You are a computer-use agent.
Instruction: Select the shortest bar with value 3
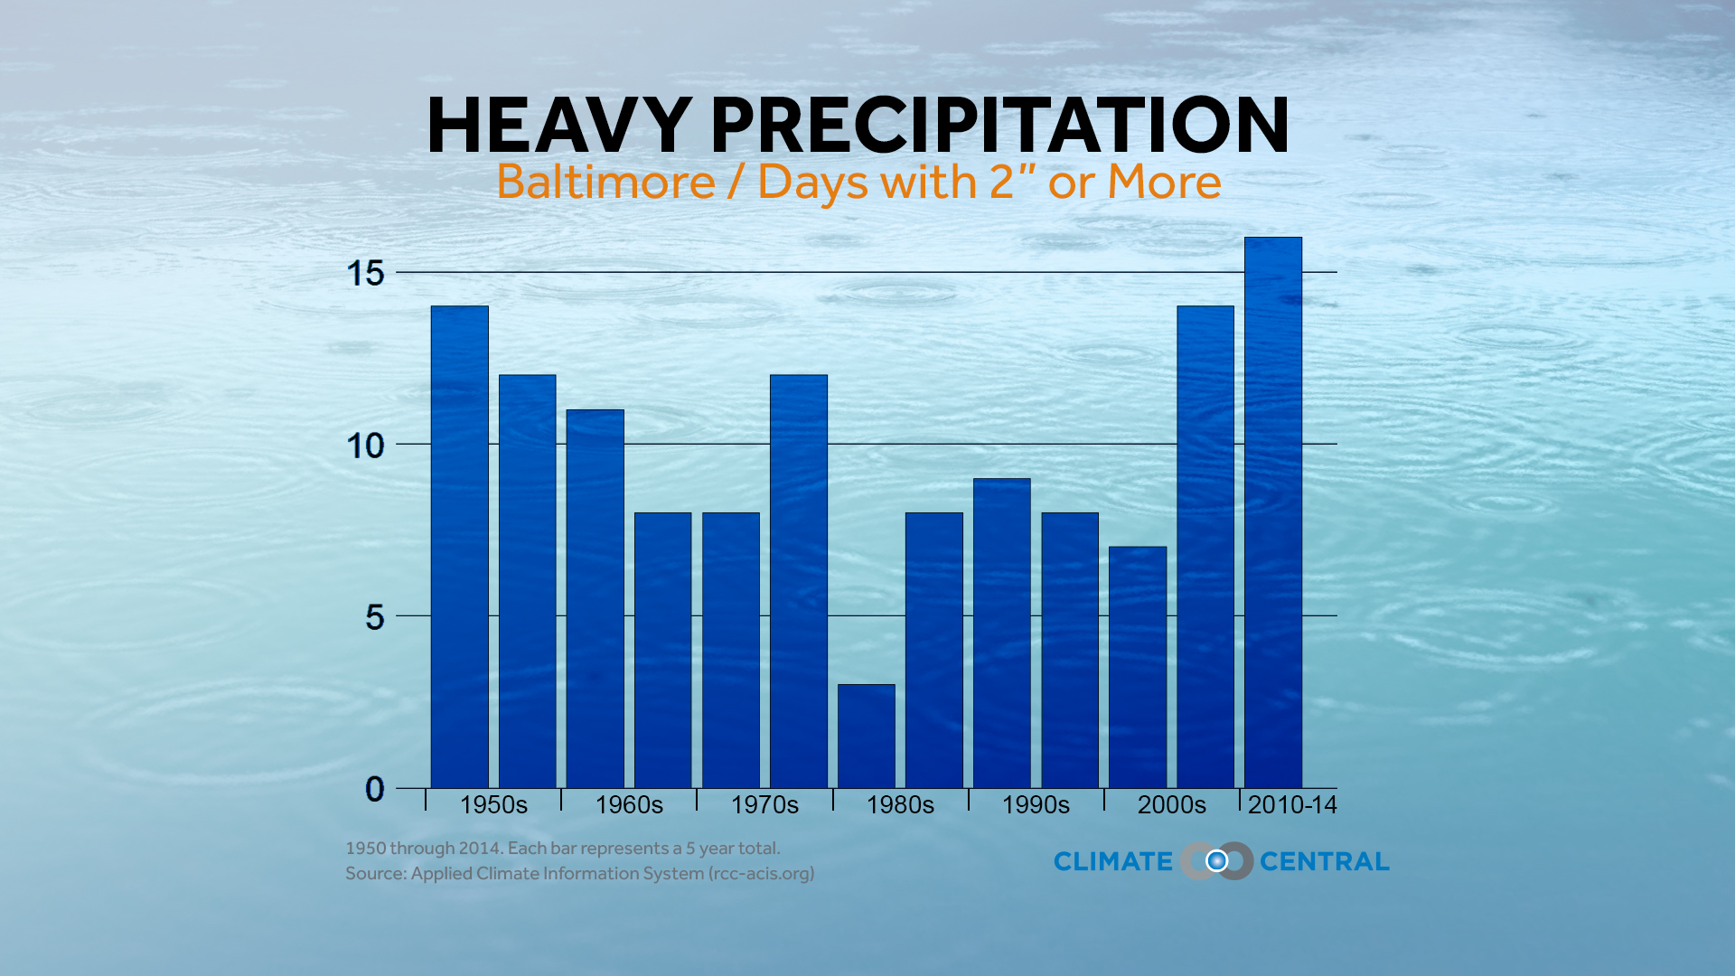point(866,736)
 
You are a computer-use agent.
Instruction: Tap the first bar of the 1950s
point(459,547)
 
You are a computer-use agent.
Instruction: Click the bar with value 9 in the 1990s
point(1001,633)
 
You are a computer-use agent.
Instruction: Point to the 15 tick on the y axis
point(366,273)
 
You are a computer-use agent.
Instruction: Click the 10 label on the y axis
point(366,446)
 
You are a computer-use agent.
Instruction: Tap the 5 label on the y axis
point(374,617)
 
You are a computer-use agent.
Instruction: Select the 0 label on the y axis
point(374,789)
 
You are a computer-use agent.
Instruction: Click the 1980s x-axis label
point(900,804)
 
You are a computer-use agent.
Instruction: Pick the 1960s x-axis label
point(629,804)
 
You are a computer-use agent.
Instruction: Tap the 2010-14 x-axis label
point(1291,804)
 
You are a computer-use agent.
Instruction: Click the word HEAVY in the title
point(558,126)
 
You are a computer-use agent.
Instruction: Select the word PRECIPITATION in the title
point(999,126)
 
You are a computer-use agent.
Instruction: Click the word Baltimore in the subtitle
point(605,182)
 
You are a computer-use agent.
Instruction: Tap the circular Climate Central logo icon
point(1216,861)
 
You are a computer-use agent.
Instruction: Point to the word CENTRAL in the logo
point(1324,861)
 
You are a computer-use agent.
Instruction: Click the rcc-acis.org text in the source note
point(761,874)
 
